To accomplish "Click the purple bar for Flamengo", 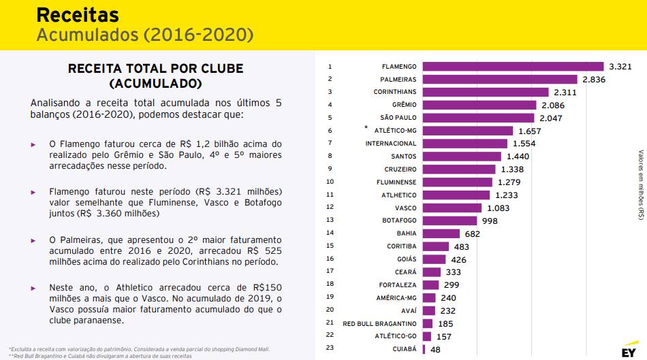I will [513, 67].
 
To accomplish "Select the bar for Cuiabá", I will [424, 349].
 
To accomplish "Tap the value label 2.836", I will [593, 80].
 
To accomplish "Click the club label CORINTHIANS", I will [394, 92].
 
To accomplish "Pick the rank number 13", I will [331, 220].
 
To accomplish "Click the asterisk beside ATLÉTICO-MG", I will [366, 128].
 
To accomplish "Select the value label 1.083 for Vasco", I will [501, 208].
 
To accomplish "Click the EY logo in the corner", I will [627, 352].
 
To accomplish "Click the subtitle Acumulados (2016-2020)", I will [144, 34].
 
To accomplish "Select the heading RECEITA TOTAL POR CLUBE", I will [155, 69].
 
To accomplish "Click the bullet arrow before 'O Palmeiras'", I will [33, 241].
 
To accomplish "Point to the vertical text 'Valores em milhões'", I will [641, 184].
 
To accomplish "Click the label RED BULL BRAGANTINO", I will [379, 323].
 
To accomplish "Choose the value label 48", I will [436, 349].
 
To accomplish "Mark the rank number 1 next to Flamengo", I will [330, 67].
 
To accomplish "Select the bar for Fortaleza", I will [431, 284].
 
